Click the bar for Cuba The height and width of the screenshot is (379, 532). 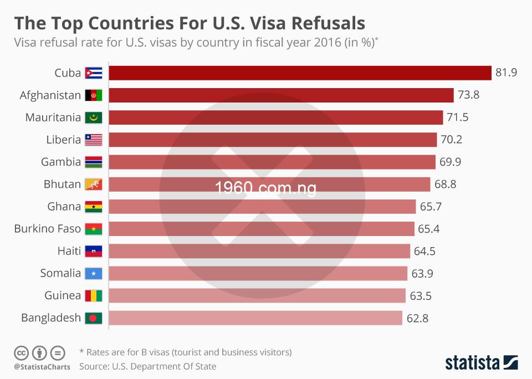click(x=300, y=73)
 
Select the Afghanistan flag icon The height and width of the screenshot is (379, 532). click(x=93, y=95)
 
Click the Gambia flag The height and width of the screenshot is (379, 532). click(x=93, y=162)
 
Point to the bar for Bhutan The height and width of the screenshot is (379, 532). click(x=269, y=185)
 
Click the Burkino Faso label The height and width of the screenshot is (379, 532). click(x=48, y=229)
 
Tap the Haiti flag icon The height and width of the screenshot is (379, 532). click(x=93, y=251)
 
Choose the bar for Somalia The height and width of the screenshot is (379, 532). click(x=258, y=273)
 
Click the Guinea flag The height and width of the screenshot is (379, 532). click(x=93, y=295)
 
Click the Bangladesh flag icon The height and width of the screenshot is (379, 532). click(x=93, y=318)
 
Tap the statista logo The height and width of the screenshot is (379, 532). click(x=482, y=363)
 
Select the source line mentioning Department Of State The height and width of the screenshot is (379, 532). click(x=147, y=366)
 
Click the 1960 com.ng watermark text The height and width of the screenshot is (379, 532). click(x=266, y=188)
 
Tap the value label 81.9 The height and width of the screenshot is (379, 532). click(x=506, y=73)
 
